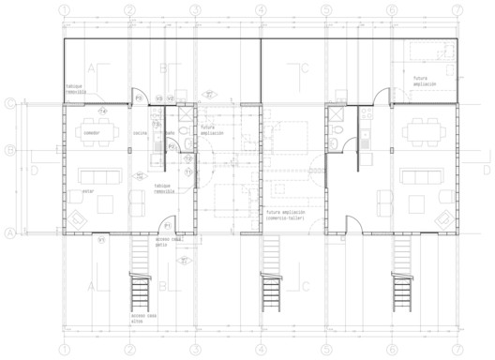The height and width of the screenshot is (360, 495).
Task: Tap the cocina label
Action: point(140,133)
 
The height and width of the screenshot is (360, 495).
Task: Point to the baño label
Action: point(170,132)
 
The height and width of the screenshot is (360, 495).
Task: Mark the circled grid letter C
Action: point(9,104)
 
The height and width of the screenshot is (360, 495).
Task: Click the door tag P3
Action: point(138,97)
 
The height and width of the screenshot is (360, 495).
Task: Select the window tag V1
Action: point(100,240)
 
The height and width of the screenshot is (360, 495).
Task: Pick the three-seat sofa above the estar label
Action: point(98,175)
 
